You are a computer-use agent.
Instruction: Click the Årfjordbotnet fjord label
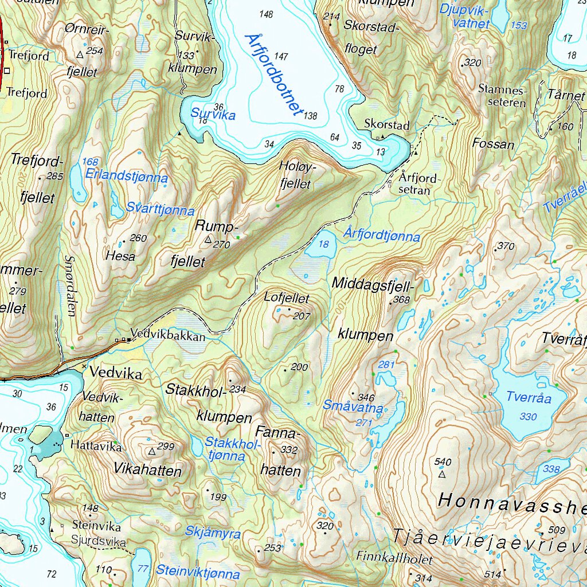273,75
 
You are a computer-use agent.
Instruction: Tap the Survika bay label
214,114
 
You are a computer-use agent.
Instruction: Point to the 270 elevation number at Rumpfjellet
222,245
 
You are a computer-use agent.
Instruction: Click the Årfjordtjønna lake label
382,235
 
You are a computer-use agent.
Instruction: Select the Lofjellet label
287,298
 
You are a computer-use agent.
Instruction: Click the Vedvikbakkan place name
167,336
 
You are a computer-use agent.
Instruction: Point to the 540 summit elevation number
444,462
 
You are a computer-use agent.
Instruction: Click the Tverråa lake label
529,397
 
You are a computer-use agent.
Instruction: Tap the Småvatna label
353,406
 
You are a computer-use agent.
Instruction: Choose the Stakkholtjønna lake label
225,449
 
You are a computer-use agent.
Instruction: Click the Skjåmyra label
213,533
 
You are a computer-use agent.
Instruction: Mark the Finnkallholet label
394,557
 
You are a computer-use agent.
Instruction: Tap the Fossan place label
493,144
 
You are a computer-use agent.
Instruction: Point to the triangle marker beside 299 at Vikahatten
151,452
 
